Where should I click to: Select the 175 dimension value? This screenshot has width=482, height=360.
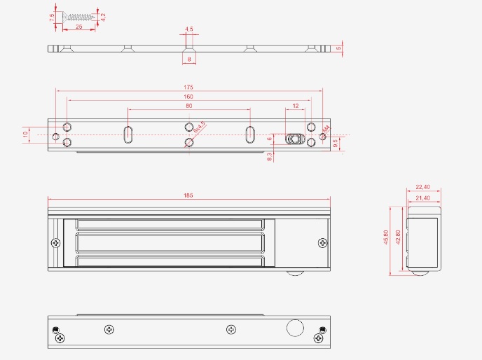point(188,87)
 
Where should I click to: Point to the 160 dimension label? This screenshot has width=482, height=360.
point(188,97)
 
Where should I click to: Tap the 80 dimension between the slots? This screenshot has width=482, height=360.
point(188,106)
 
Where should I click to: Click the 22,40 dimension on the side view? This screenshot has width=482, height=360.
point(422,188)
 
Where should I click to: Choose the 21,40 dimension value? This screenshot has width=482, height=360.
point(422,199)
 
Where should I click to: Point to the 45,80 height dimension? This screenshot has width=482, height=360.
point(385,238)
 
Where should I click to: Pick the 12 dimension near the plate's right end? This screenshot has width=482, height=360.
point(295,106)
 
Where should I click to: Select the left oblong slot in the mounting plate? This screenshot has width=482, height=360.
point(128,134)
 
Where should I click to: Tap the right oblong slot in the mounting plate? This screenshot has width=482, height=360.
point(249,134)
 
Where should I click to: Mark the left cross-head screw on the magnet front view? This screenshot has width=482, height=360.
point(56,243)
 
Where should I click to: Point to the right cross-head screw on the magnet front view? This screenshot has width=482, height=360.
point(322,243)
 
